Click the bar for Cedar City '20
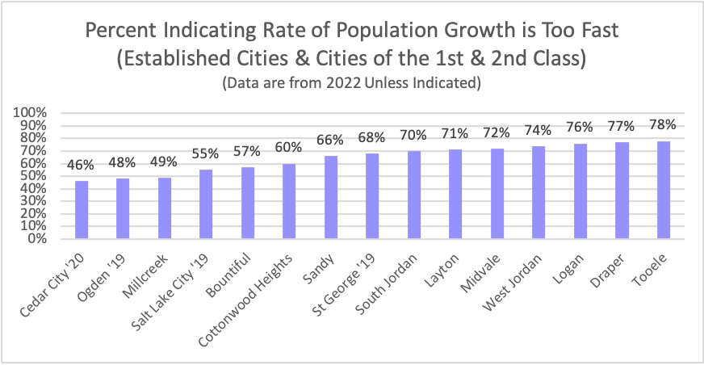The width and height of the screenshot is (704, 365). click(82, 210)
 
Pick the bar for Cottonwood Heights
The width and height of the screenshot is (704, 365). click(288, 202)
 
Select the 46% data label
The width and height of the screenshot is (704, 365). click(82, 166)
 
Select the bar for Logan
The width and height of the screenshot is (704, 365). click(579, 191)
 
